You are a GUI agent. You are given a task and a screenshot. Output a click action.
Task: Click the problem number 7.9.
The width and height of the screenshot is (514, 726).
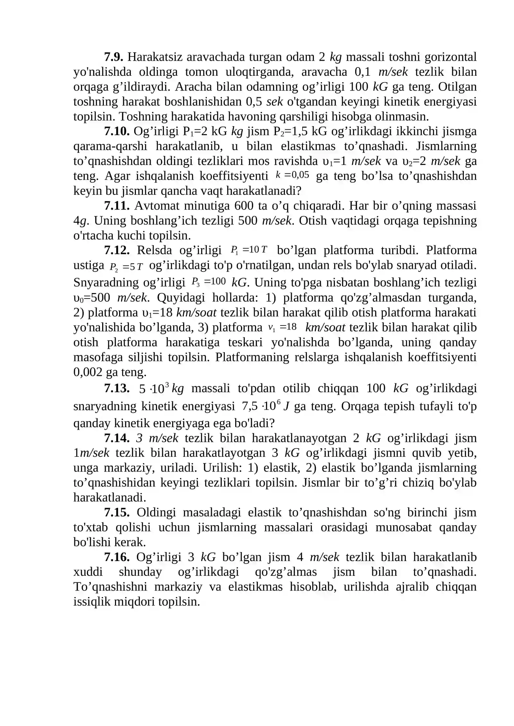pos(113,57)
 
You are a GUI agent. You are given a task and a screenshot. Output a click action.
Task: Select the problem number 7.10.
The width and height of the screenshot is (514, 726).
pos(117,131)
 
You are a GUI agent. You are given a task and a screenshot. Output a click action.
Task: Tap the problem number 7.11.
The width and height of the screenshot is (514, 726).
pos(117,206)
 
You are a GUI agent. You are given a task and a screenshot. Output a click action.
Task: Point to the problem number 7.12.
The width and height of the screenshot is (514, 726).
pos(117,250)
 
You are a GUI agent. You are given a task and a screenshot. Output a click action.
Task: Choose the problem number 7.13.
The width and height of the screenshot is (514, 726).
pos(117,389)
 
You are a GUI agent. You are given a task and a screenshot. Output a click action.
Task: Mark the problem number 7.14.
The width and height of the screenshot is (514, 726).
pos(117,438)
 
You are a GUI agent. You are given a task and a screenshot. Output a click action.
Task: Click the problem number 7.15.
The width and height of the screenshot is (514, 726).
pos(117,513)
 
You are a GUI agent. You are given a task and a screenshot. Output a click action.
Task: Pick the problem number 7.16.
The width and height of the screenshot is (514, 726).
pos(117,557)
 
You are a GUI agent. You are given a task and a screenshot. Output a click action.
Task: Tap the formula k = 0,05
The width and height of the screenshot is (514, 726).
pos(292,175)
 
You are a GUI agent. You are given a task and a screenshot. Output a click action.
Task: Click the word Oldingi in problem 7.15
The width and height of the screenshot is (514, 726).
pos(156,513)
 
